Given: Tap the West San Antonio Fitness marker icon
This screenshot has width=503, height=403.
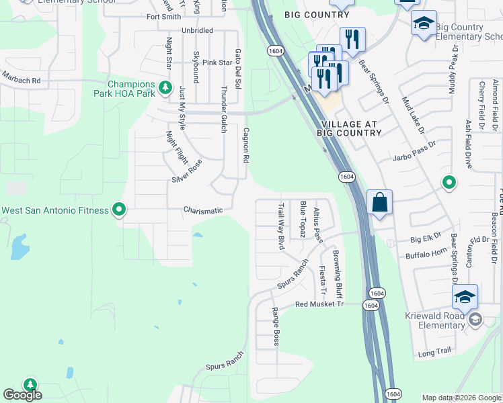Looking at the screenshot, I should coord(119,210).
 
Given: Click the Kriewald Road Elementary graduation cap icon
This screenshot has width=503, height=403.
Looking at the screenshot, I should coord(465,297).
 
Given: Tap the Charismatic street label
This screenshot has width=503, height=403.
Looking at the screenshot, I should coord(203,210).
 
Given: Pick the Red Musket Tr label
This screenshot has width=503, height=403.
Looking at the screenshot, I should coord(319,304).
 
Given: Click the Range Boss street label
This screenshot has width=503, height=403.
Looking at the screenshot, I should coord(275,327).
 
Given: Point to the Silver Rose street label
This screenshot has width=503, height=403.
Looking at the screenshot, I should coord(186,171).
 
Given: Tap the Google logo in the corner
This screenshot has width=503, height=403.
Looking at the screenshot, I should coord(23,395).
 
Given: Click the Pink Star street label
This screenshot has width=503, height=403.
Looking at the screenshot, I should coord(217,62).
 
